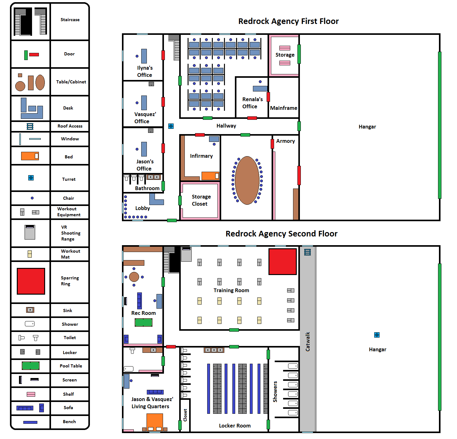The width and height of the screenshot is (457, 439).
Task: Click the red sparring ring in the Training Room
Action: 282,261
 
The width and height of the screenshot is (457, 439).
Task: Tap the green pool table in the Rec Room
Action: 143,322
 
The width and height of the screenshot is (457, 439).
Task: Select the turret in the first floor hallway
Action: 171,126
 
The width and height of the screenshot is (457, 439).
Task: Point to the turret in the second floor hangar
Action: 377,335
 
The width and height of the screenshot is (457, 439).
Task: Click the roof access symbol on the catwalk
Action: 307,252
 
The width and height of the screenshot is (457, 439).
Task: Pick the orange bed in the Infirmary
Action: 210,176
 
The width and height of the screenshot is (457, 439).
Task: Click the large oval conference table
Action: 247,180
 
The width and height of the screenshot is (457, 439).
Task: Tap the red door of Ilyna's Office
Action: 163,55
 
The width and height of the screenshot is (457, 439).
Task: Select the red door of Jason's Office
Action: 163,148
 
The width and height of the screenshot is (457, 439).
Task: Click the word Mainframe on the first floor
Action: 283,108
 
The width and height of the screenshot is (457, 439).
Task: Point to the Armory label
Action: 285,141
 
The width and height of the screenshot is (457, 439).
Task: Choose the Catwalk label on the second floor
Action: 307,342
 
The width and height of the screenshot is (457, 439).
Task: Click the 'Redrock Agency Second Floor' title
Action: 281,234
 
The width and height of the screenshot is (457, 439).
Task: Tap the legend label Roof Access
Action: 70,126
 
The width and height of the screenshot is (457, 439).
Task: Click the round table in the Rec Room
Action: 134,277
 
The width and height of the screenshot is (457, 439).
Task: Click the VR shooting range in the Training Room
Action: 186,254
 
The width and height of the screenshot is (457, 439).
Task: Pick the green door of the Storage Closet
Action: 180,200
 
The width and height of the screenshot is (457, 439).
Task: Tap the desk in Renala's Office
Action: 260,89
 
